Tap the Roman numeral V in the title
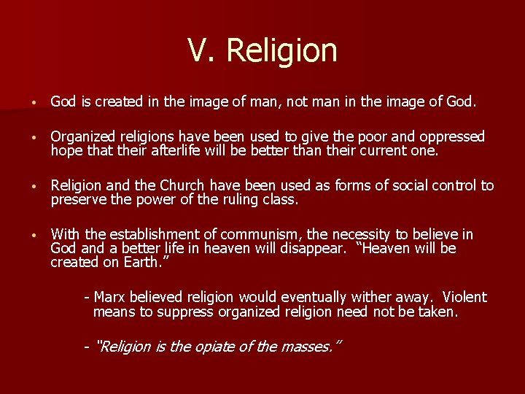tap(200, 50)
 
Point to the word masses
tap(311, 347)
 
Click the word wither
tap(370, 297)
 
